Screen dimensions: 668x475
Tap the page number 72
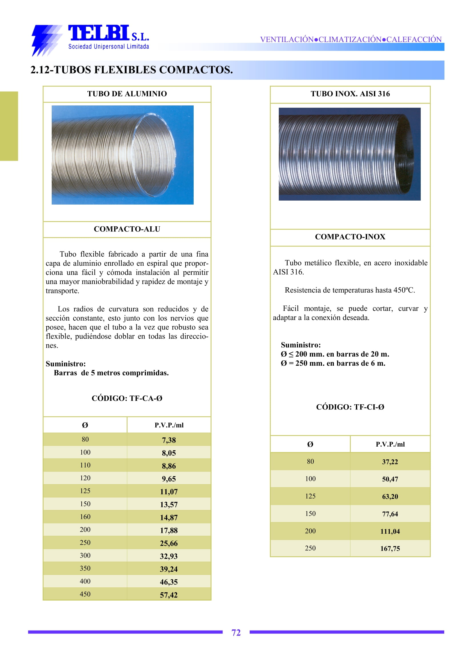coord(236,632)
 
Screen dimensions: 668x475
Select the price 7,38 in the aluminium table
coord(169,440)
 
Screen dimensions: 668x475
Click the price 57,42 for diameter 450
coord(169,595)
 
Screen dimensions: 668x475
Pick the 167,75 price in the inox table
coord(390,549)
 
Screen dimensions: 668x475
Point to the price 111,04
coord(390,531)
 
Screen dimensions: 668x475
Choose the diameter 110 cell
coord(85,465)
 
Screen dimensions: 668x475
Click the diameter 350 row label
coord(85,568)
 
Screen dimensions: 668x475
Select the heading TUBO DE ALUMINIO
coord(127,94)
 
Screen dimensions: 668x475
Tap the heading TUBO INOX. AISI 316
coord(350,94)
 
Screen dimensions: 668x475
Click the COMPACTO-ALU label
coord(127,229)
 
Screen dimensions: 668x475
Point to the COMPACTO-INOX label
coord(350,237)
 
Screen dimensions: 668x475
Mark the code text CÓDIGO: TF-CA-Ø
coord(127,398)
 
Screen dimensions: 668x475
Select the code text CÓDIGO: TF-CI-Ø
coord(350,407)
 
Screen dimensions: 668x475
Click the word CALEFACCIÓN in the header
coord(414,39)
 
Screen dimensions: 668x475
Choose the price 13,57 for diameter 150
coord(169,505)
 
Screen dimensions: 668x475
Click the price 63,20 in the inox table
coord(390,497)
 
